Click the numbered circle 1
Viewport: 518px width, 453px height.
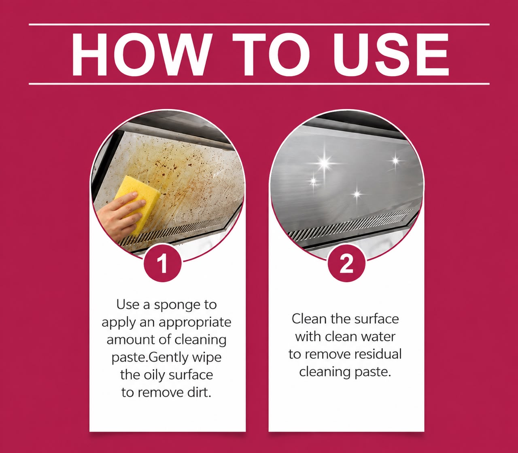(163, 263)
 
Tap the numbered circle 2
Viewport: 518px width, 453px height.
(346, 263)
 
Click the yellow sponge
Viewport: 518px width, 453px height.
(137, 203)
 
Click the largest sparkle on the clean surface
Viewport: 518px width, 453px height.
(324, 163)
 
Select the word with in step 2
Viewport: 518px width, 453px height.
(308, 337)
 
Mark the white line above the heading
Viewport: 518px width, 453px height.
(259, 25)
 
